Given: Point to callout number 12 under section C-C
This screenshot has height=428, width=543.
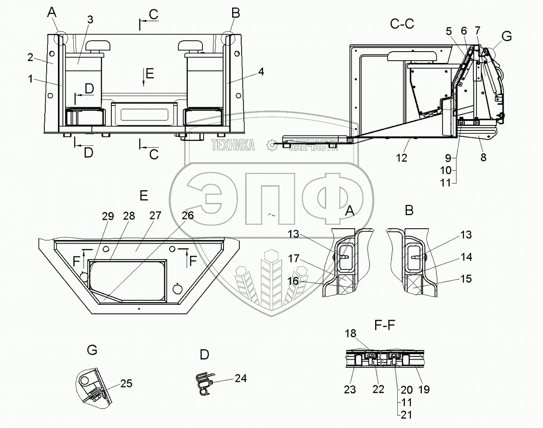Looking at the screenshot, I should coord(401,158).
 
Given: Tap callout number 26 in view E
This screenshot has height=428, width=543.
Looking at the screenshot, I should coord(188,216).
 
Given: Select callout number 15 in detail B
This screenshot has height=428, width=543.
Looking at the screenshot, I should coord(466,279).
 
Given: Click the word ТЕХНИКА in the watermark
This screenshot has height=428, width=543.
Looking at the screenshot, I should coord(233,145).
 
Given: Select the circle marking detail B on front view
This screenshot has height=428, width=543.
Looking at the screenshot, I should coord(229,37).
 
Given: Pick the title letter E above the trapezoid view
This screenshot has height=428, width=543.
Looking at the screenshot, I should coord(143,196).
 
